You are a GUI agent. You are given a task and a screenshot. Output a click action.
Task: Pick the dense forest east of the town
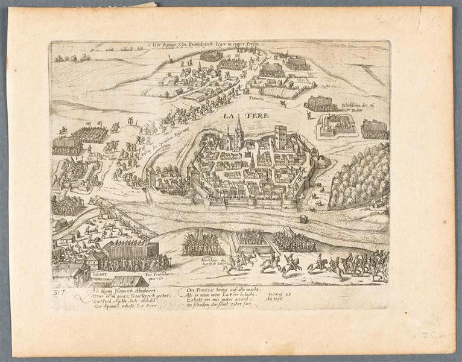[x=359, y=175]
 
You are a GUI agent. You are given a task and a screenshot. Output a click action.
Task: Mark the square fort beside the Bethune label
[x=337, y=125]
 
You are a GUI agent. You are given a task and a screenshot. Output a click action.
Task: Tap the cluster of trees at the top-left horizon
[x=71, y=58]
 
